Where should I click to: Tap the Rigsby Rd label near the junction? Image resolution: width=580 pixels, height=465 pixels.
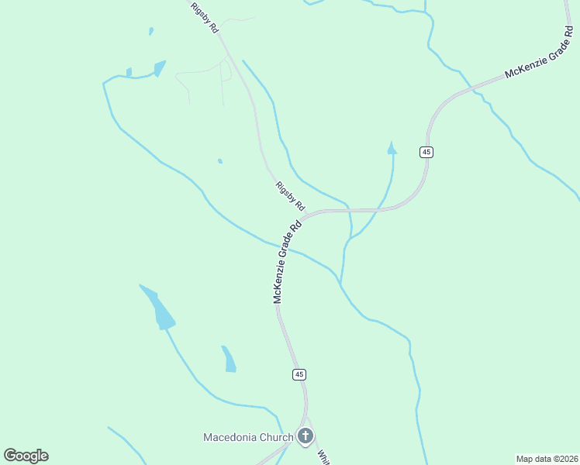click(x=290, y=196)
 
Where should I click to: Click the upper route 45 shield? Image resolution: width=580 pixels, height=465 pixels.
click(x=426, y=152)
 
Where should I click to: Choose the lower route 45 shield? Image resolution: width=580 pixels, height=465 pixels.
click(x=299, y=374)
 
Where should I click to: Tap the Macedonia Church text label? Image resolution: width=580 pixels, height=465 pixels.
click(x=247, y=437)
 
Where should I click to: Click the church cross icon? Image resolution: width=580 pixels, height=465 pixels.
click(x=306, y=436)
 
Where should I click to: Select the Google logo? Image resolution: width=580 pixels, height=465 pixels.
click(x=26, y=456)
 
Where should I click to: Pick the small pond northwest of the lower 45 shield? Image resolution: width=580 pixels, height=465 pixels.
click(x=229, y=360)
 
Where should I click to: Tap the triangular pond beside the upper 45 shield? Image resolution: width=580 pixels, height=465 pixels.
click(x=392, y=147)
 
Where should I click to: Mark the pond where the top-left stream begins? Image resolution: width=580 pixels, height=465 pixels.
click(x=159, y=68)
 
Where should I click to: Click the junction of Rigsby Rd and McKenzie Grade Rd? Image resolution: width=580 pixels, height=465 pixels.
click(x=304, y=216)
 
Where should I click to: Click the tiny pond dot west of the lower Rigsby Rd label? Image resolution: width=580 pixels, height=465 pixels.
click(x=220, y=161)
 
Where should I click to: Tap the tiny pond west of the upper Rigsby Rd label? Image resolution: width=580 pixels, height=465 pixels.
click(x=151, y=32)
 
